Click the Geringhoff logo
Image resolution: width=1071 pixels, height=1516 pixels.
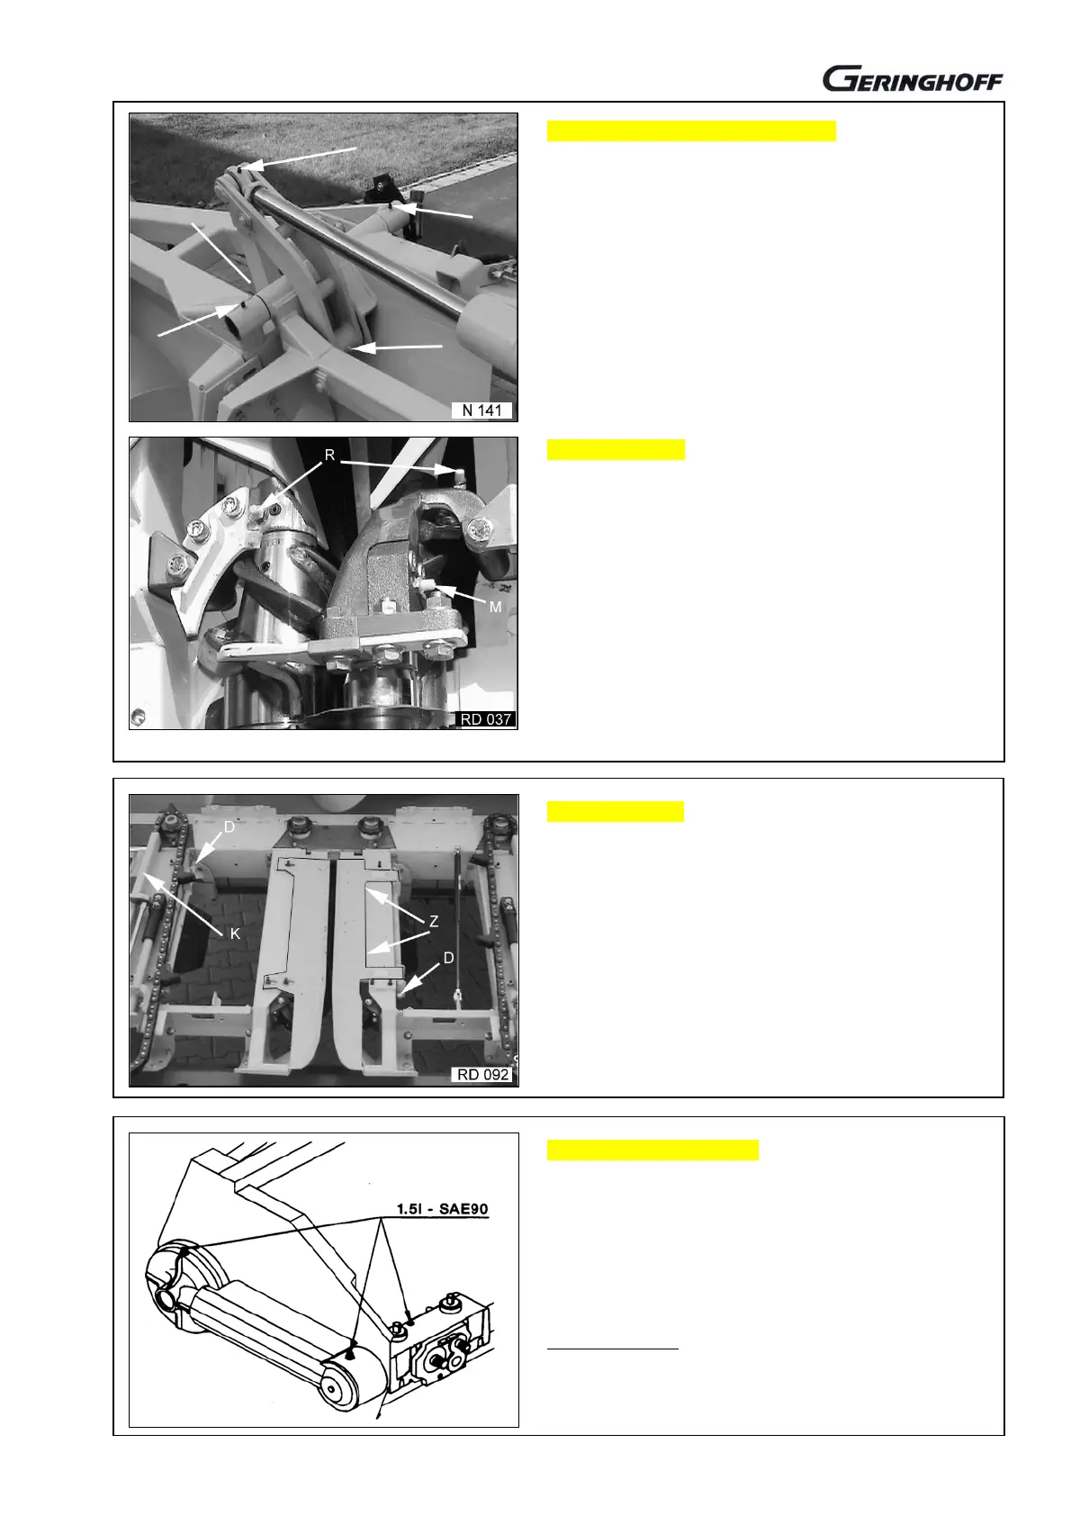click(x=913, y=78)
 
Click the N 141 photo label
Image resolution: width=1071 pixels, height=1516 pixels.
click(x=481, y=411)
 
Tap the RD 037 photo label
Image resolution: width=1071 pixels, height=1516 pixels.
click(x=486, y=719)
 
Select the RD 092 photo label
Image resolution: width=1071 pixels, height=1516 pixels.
click(x=483, y=1075)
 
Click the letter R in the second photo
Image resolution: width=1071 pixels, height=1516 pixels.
click(x=329, y=455)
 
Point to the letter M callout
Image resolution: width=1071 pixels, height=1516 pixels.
click(x=495, y=607)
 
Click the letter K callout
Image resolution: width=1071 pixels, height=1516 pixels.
click(x=235, y=934)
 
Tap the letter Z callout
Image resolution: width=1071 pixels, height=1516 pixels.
click(x=434, y=921)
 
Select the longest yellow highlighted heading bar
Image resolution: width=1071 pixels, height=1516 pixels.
click(x=691, y=131)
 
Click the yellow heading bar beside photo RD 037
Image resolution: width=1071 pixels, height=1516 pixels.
click(x=616, y=449)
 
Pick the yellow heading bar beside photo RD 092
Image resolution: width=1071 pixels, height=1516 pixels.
click(x=615, y=811)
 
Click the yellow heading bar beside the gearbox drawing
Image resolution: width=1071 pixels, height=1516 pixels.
click(x=652, y=1150)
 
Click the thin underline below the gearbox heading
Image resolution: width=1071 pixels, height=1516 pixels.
click(x=612, y=1349)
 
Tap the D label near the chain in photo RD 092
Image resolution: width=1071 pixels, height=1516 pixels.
click(x=229, y=827)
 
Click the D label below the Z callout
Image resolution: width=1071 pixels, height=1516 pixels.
click(x=448, y=959)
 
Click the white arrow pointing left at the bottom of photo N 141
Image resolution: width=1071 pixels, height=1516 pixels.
click(x=397, y=347)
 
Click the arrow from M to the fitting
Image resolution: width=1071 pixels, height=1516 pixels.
click(x=460, y=593)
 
